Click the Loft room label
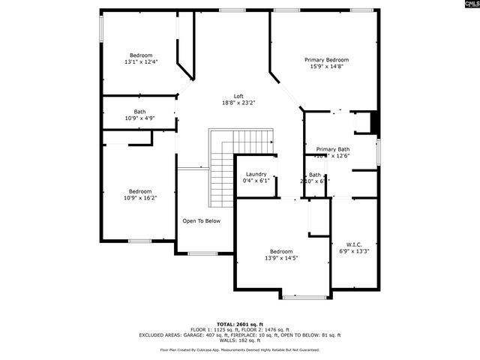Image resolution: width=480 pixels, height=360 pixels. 238,95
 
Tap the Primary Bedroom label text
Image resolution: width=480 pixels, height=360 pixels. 326,59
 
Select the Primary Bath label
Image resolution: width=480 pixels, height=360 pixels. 332,148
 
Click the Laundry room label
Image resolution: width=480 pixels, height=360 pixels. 256,174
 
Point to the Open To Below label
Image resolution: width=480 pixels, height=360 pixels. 201,220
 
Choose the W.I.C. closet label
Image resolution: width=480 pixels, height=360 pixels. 354,244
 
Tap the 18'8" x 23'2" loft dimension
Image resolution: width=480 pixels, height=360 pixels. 238,103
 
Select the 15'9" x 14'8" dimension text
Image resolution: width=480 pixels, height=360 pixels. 326,67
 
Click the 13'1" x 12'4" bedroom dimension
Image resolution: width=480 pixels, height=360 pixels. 141,62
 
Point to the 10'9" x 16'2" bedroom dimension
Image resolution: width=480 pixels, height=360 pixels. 139,198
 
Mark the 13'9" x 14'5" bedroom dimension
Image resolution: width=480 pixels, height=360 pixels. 281,259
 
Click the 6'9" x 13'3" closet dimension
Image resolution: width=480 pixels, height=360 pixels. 354,251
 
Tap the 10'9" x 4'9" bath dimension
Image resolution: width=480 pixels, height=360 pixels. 139,118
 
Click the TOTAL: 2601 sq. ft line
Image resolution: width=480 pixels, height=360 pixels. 239,323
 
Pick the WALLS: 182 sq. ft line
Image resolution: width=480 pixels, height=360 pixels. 239,341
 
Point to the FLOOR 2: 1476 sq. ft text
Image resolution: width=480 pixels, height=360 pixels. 265,329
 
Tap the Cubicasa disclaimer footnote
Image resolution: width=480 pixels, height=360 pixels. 239,349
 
